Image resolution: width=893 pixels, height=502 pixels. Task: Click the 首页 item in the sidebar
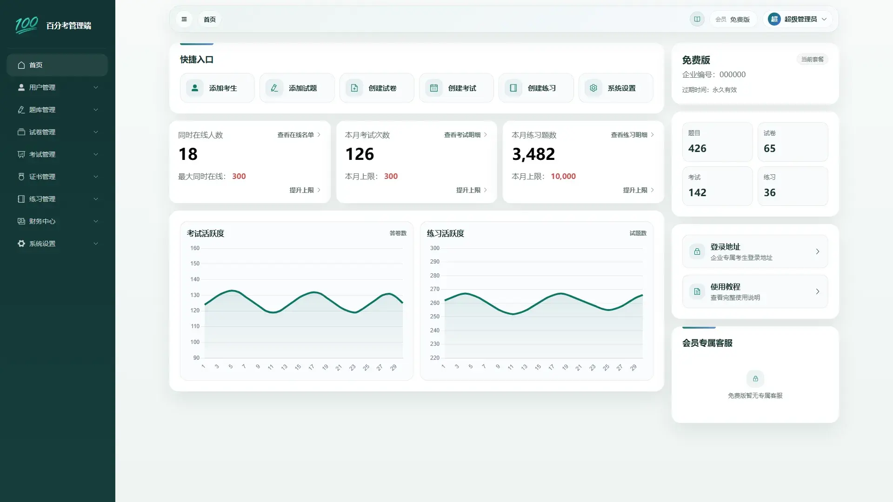(x=57, y=65)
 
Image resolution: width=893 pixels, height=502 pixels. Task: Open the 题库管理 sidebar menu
(x=57, y=110)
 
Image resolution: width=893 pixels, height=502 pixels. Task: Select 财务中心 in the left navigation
(x=57, y=221)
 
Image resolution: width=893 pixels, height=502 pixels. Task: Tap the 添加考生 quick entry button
(x=217, y=88)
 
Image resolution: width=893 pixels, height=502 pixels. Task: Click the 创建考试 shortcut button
(x=456, y=88)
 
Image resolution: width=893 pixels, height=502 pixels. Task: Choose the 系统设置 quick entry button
(x=616, y=88)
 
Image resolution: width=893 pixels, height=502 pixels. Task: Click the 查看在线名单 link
(x=299, y=135)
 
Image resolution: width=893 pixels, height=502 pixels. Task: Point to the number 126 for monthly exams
(x=360, y=154)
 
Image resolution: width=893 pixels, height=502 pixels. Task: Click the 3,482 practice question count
(x=533, y=154)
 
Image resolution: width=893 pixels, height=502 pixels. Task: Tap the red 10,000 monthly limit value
(x=563, y=176)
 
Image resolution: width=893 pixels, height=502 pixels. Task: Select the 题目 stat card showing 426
(x=717, y=142)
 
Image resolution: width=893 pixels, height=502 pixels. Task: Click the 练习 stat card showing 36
(x=793, y=186)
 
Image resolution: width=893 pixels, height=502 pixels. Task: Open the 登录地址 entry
(x=755, y=251)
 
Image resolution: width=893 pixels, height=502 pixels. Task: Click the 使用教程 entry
(x=755, y=291)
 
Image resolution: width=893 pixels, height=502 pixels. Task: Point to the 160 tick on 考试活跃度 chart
(x=195, y=248)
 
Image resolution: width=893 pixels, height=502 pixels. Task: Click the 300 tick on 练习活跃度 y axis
(x=435, y=248)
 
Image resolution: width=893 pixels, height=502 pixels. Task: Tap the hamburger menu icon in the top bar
(x=184, y=19)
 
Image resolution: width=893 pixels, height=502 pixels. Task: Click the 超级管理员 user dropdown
(x=797, y=19)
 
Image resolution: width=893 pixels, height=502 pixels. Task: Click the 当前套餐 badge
(x=813, y=59)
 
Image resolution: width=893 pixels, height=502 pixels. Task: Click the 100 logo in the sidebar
(x=27, y=25)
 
